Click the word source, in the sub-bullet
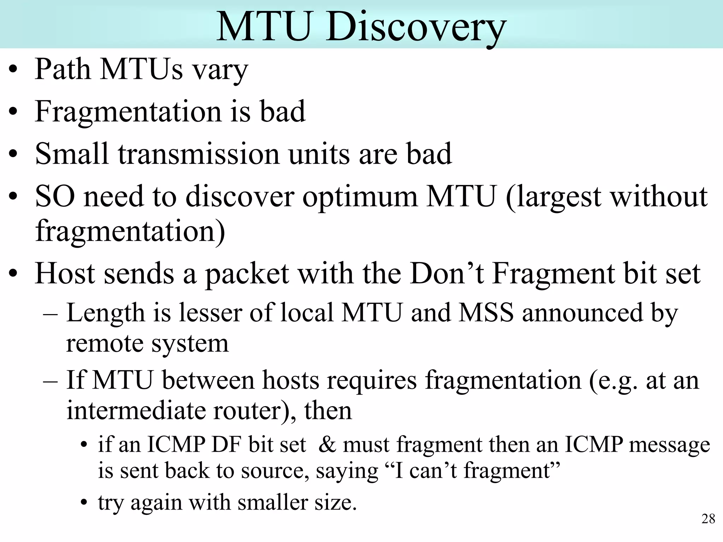click(275, 471)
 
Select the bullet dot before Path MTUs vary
click(13, 70)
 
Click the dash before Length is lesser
click(50, 313)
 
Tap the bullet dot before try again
click(84, 503)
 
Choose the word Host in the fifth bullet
click(65, 274)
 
